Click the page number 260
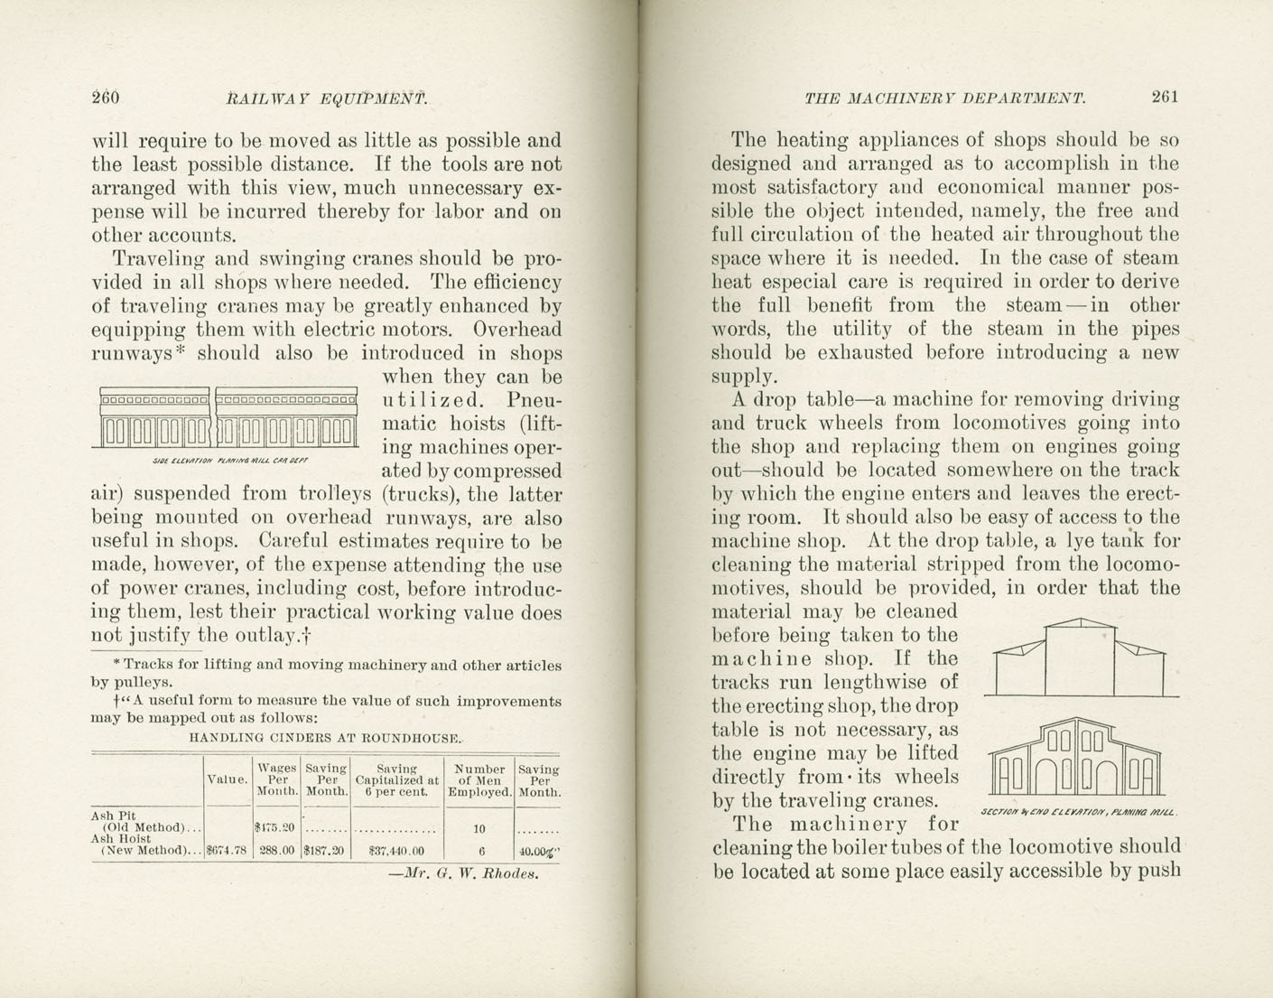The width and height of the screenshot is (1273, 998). coord(106,98)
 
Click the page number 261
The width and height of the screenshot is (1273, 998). coord(1164,98)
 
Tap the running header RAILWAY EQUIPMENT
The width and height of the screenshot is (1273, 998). coord(326,98)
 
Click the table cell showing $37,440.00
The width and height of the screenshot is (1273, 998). coord(397,850)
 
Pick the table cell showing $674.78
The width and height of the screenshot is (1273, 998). coord(228,850)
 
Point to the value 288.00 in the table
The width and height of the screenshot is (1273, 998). coord(276,850)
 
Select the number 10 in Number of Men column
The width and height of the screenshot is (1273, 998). coord(480,827)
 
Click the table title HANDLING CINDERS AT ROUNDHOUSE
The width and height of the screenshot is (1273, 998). coord(326,737)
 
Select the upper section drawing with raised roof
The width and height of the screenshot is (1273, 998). coord(1080,658)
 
